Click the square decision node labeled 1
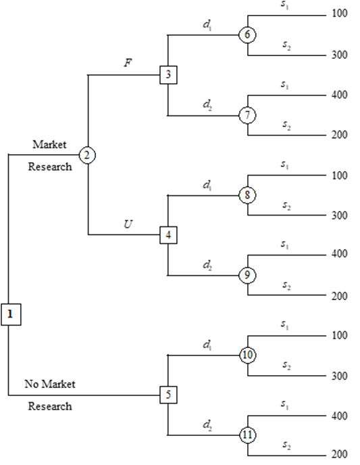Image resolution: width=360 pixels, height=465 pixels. [x=10, y=314]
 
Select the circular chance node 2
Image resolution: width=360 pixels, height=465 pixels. [x=87, y=155]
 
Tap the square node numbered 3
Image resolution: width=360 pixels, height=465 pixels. [x=168, y=74]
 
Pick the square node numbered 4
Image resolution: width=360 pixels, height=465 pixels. [x=168, y=235]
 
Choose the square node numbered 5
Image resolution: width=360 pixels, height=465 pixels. [x=168, y=395]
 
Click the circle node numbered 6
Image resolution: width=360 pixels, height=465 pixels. [x=248, y=34]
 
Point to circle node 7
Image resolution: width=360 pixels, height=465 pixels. [x=248, y=115]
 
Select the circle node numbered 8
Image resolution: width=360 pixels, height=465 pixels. [x=248, y=195]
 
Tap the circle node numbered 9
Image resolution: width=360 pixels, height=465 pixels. [x=248, y=275]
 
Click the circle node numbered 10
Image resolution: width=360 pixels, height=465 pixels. [x=248, y=355]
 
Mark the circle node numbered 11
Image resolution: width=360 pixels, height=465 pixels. [x=248, y=435]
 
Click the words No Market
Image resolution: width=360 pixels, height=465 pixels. [x=50, y=384]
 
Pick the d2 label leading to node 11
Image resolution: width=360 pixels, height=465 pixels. [x=207, y=425]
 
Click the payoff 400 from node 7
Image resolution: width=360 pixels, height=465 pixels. [x=339, y=95]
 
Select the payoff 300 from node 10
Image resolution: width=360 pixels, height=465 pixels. [x=339, y=375]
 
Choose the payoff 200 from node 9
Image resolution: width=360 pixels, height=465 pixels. [x=339, y=296]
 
